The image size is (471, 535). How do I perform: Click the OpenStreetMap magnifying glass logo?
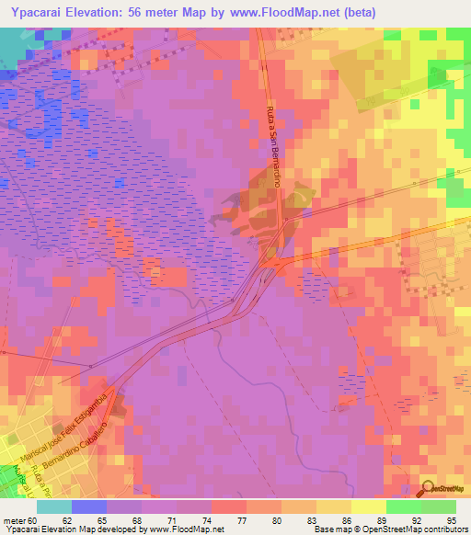tap(427, 488)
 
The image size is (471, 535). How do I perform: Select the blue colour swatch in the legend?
tap(88, 507)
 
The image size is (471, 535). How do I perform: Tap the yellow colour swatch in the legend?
tap(367, 507)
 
